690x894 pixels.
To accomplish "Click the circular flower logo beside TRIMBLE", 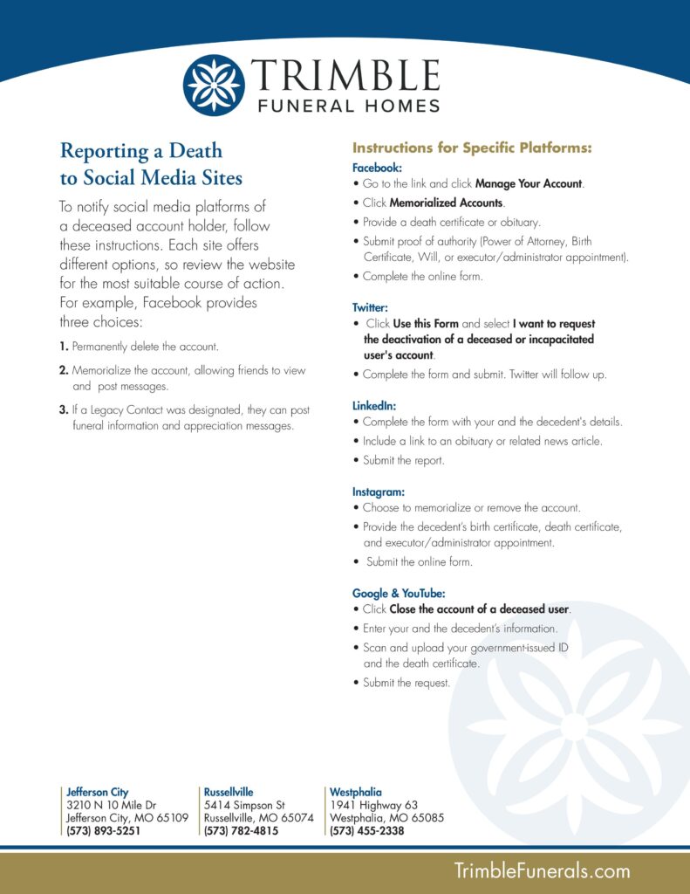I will click(214, 85).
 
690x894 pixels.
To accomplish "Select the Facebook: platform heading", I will click(377, 167).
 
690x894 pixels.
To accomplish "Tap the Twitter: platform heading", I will click(370, 307).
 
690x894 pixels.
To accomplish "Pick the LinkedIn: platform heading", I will click(374, 406).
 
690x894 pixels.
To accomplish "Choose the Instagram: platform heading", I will click(379, 492).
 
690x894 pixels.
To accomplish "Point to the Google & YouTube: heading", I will click(399, 593).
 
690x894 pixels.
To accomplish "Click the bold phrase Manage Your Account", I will click(529, 184).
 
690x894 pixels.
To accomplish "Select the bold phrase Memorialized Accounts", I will click(446, 203).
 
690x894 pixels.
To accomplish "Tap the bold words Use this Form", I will click(426, 324).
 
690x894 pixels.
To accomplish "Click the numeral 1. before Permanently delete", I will click(65, 347).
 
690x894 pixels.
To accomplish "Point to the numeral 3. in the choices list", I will click(65, 409).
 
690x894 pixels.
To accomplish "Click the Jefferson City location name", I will click(98, 792).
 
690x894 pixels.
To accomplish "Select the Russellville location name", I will click(229, 792).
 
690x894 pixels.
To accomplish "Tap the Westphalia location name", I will click(355, 792).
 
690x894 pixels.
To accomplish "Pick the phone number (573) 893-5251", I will click(103, 831).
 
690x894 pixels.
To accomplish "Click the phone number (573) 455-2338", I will click(366, 831).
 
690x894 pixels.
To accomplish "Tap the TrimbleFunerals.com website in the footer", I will click(542, 870).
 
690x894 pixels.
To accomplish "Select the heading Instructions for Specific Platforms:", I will click(472, 148).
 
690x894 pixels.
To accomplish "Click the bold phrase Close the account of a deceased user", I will click(479, 609).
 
